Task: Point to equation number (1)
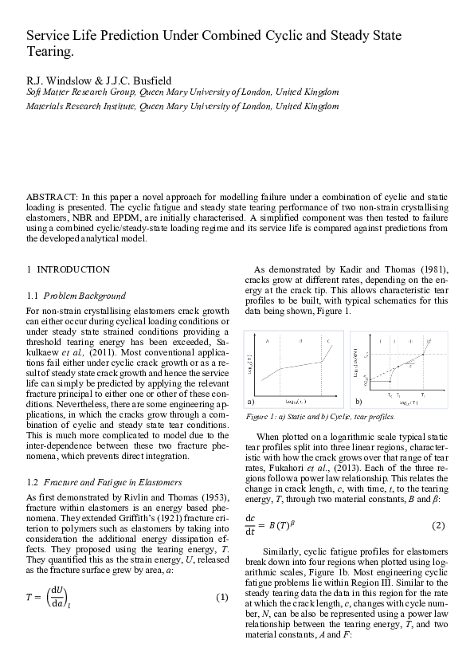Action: [222, 598]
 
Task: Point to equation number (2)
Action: [437, 525]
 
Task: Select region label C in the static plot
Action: [329, 342]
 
